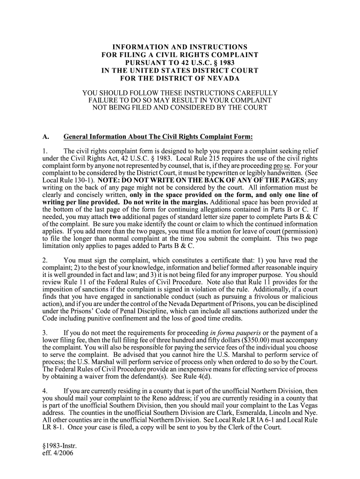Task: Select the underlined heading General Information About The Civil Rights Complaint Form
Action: pyautogui.click(x=158, y=137)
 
